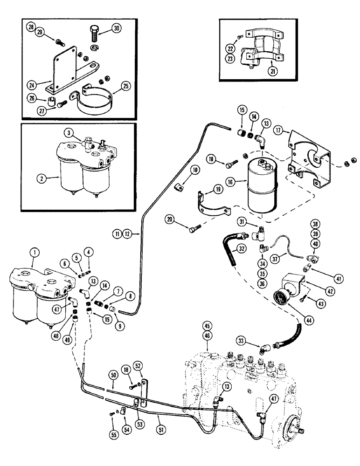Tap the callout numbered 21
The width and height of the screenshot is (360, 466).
271,70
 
